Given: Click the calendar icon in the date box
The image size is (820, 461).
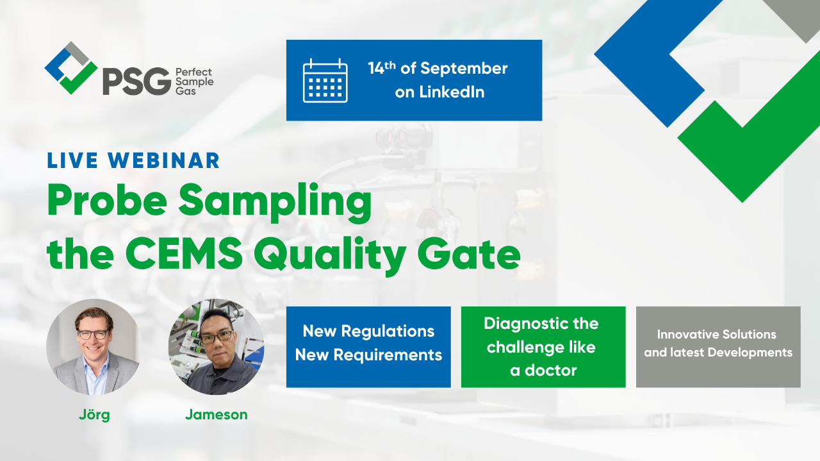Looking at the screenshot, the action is point(325,81).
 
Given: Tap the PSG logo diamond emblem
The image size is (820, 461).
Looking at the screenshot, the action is point(71,68).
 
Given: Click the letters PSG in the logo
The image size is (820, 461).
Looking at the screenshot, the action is point(136,81).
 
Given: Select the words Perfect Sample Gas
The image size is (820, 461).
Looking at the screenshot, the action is point(194,81).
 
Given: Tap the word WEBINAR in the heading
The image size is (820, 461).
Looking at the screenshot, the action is point(163,160).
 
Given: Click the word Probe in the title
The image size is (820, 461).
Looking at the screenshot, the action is point(107,200).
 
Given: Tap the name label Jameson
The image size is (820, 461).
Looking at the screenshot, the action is point(217,414).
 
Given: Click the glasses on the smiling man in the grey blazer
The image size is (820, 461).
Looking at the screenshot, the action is point(94,334).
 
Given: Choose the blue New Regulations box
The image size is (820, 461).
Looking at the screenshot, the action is point(368,347).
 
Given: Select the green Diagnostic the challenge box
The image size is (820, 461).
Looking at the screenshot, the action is point(543,347).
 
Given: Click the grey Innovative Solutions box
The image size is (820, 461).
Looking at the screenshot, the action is point(718,347).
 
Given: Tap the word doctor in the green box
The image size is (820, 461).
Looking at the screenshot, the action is point(550,371).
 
